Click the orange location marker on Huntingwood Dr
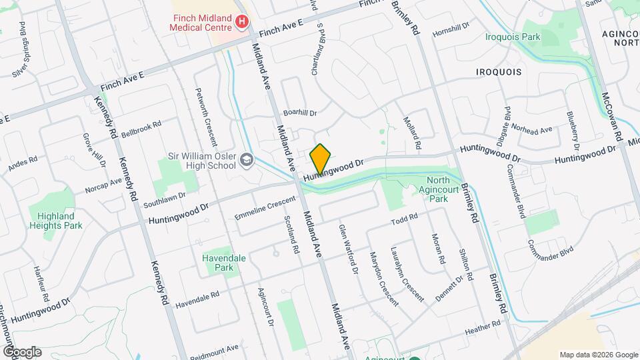point(320,159)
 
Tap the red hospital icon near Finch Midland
point(241,23)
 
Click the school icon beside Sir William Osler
point(247,159)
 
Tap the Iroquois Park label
point(513,37)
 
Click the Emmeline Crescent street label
point(265,208)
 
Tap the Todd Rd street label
point(404,219)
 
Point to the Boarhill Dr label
point(299,113)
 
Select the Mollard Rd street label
point(413,133)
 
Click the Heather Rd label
point(483,326)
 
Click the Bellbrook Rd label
point(141,127)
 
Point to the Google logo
point(21,351)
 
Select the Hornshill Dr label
point(451,30)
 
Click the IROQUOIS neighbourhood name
point(498,71)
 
